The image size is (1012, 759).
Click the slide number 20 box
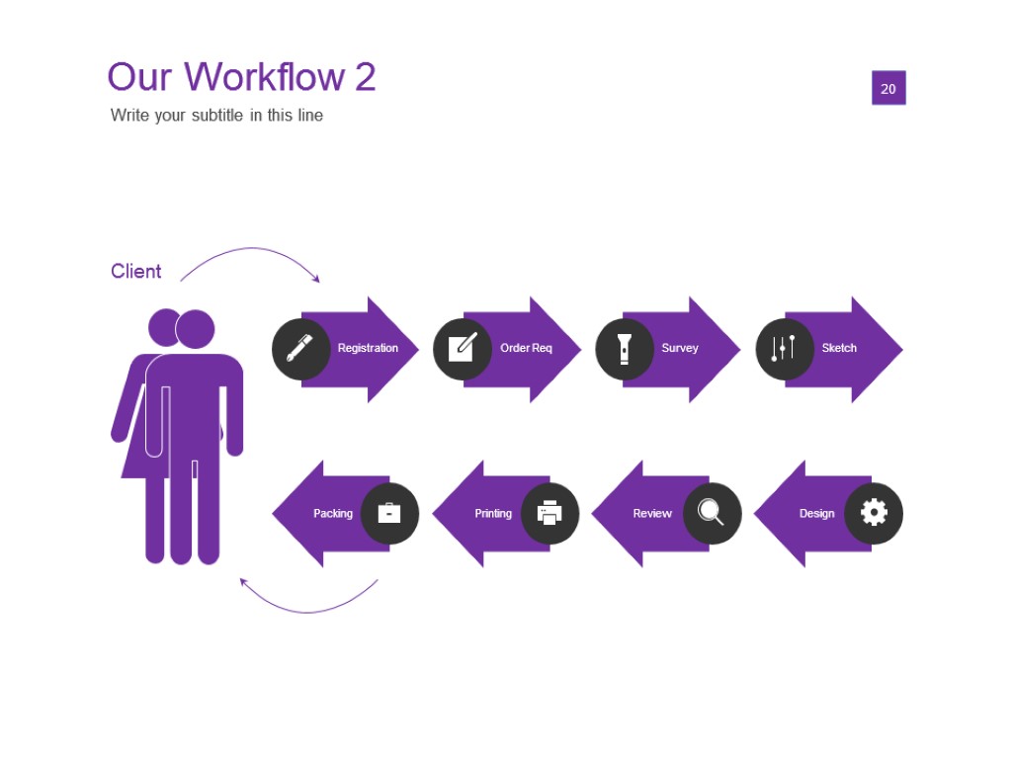coord(888,88)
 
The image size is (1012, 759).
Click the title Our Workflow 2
coord(241,77)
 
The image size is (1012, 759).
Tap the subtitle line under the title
coord(216,115)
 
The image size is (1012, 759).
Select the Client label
coord(136,271)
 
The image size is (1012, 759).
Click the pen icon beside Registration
coord(300,348)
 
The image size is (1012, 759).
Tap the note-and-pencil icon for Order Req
coord(463,348)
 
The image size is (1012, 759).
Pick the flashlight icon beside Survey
coord(625,348)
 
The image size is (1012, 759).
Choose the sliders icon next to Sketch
coord(784,348)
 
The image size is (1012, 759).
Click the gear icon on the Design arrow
coord(874,513)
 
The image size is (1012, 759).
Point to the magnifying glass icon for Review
coord(712,513)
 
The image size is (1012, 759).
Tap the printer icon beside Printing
coord(549,513)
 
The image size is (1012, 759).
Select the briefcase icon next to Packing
coord(389,513)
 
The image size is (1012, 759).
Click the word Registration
coord(368,348)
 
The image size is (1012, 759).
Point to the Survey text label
coord(680,348)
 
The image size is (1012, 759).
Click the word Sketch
coord(839,348)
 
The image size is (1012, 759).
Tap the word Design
coord(816,513)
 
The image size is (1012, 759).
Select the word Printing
coord(493,513)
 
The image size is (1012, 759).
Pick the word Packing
coord(333,513)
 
